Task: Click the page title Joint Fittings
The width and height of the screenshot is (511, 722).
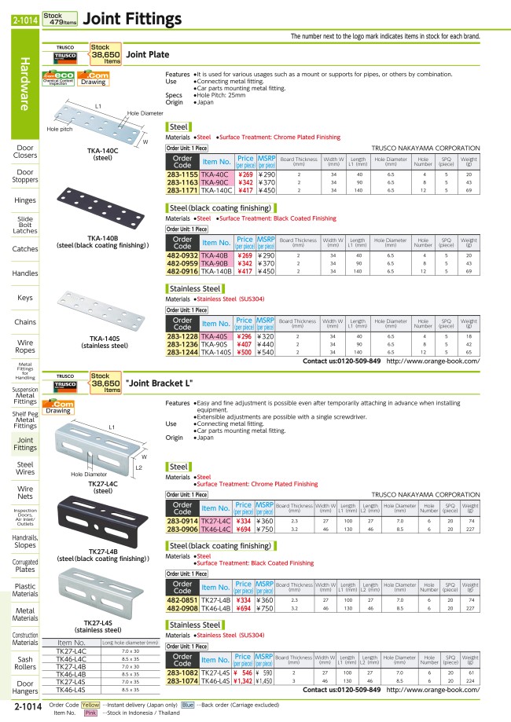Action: coord(131,18)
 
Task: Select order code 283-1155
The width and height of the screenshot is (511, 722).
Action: coord(182,174)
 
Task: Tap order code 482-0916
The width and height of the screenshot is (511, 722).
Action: coord(182,270)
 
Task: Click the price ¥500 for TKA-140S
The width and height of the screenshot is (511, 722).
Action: coord(244,353)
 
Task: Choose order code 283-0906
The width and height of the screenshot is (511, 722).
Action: coord(182,530)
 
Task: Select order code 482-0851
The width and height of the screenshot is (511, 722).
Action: coord(182,600)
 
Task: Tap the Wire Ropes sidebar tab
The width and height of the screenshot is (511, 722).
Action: coord(25,346)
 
